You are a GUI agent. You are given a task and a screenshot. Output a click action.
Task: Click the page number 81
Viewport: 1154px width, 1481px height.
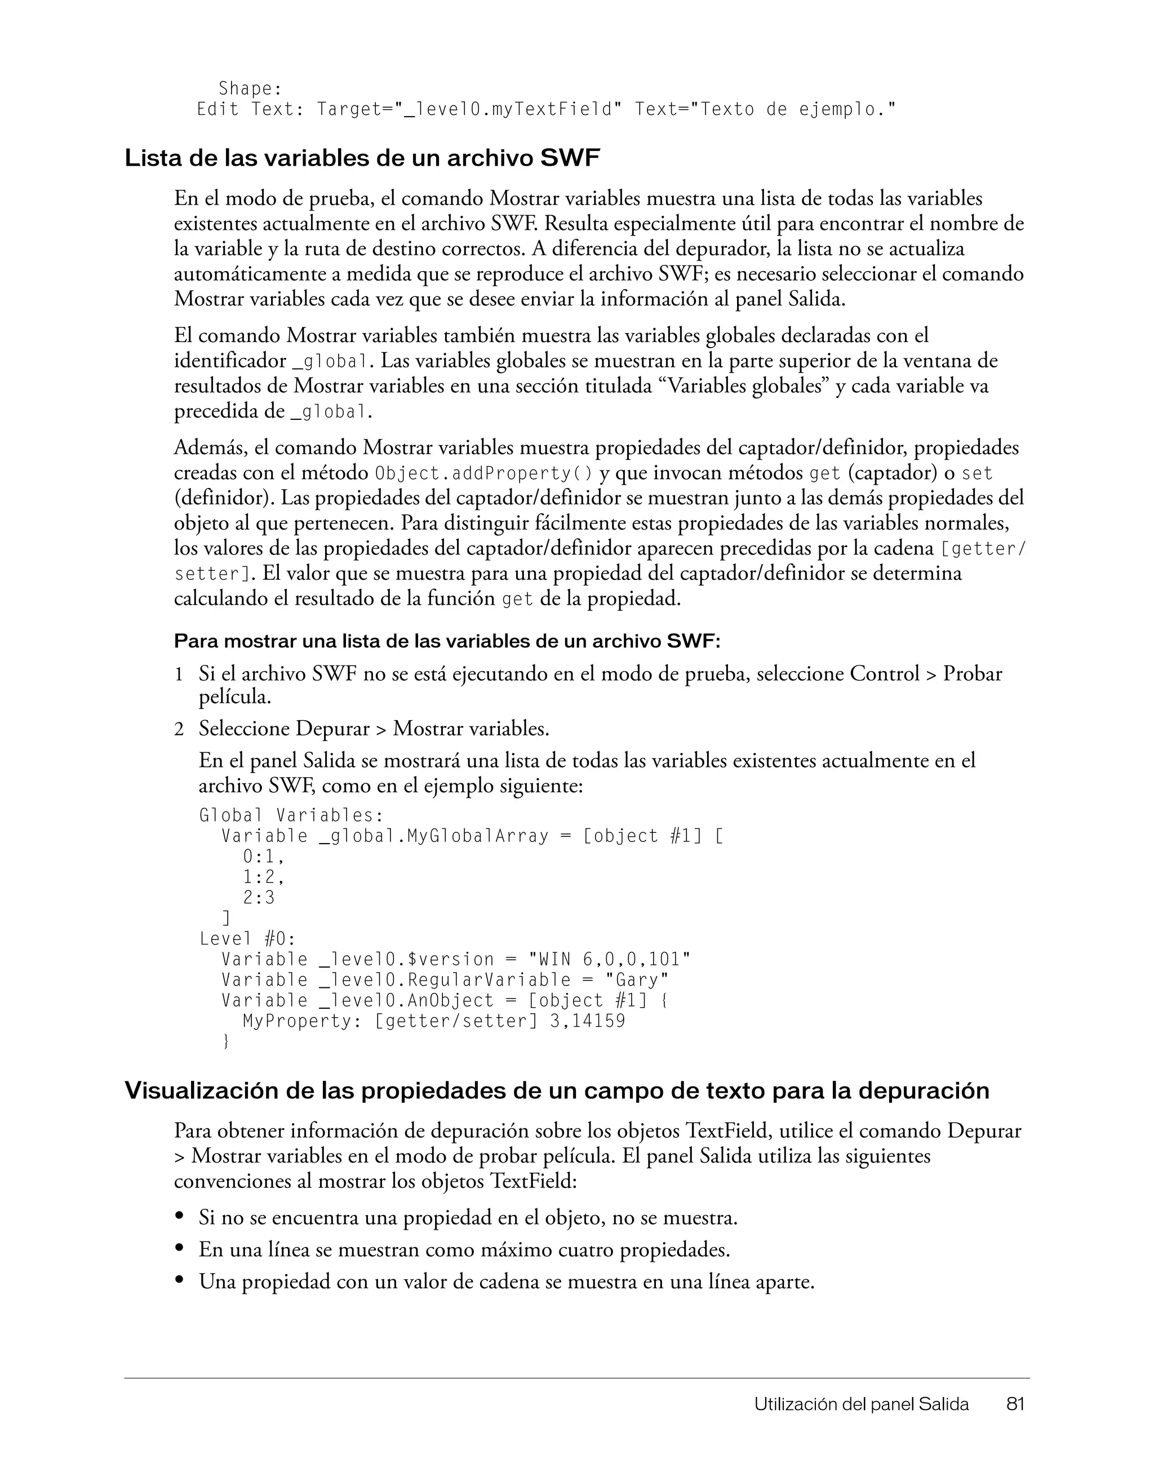click(1015, 1404)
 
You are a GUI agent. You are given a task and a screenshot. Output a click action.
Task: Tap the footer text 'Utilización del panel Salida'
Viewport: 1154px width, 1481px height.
click(861, 1404)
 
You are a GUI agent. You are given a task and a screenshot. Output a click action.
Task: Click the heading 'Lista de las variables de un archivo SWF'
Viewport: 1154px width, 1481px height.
click(362, 159)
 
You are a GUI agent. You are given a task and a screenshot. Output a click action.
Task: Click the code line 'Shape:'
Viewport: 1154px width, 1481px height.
click(250, 89)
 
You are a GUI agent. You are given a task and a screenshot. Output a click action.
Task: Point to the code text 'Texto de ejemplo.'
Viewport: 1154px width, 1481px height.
click(797, 109)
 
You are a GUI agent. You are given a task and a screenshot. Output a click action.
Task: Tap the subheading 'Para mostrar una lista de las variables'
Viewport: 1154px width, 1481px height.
click(447, 641)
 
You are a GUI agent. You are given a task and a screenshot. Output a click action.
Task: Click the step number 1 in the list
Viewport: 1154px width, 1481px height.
click(179, 675)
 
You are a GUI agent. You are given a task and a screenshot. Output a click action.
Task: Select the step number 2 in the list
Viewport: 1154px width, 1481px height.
click(179, 730)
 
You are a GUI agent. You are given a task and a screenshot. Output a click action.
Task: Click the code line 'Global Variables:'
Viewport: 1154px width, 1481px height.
click(291, 815)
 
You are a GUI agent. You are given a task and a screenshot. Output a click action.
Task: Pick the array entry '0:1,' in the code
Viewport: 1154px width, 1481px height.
click(263, 857)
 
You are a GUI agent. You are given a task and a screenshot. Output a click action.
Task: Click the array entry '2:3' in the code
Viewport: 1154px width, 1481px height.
click(259, 898)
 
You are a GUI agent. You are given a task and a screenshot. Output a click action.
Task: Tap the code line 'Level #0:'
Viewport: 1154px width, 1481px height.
click(247, 939)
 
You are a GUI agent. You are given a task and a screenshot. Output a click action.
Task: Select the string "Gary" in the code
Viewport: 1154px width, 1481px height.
click(637, 980)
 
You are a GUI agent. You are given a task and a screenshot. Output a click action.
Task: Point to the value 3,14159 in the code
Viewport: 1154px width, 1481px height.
click(587, 1021)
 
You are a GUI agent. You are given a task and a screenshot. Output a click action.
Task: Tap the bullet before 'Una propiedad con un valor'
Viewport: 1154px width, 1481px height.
click(180, 1280)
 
